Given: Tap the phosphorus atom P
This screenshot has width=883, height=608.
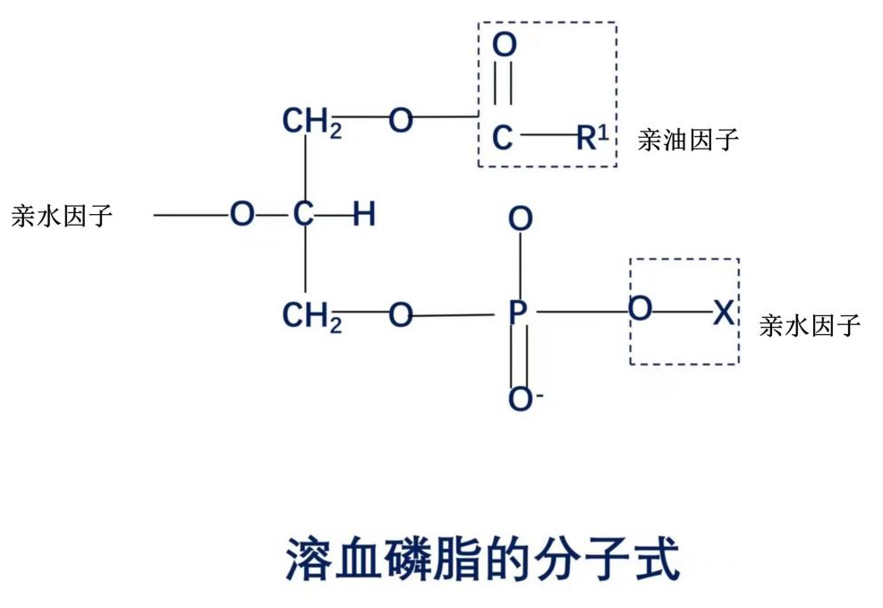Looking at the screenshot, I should click(x=519, y=313).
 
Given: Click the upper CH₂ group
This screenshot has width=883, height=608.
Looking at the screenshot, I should click(x=311, y=122).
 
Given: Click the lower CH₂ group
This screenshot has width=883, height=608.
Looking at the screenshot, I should click(x=311, y=316).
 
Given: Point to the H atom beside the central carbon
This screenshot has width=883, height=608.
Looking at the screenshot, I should click(x=362, y=215).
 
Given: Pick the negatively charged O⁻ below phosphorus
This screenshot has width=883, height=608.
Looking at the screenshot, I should click(x=522, y=399).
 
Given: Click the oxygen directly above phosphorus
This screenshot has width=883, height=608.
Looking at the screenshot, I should click(x=520, y=219).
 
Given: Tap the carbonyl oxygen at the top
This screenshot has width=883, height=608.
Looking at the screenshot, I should click(x=505, y=45).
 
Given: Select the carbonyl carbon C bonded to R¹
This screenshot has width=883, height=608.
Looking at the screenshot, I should click(x=503, y=138).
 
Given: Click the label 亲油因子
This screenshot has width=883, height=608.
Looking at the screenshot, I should click(x=688, y=140).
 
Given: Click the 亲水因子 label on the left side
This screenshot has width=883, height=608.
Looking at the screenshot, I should click(x=62, y=216).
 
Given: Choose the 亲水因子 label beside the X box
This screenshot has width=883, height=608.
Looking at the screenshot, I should click(x=810, y=325).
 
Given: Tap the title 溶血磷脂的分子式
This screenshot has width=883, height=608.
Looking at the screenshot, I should click(x=483, y=559).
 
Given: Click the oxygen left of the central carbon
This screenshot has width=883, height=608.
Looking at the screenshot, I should click(x=242, y=215).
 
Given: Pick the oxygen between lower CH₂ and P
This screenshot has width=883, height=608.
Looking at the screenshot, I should click(x=401, y=314).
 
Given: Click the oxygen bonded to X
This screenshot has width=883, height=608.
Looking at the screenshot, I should click(x=640, y=311).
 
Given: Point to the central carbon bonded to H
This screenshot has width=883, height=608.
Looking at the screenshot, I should click(x=304, y=215).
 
